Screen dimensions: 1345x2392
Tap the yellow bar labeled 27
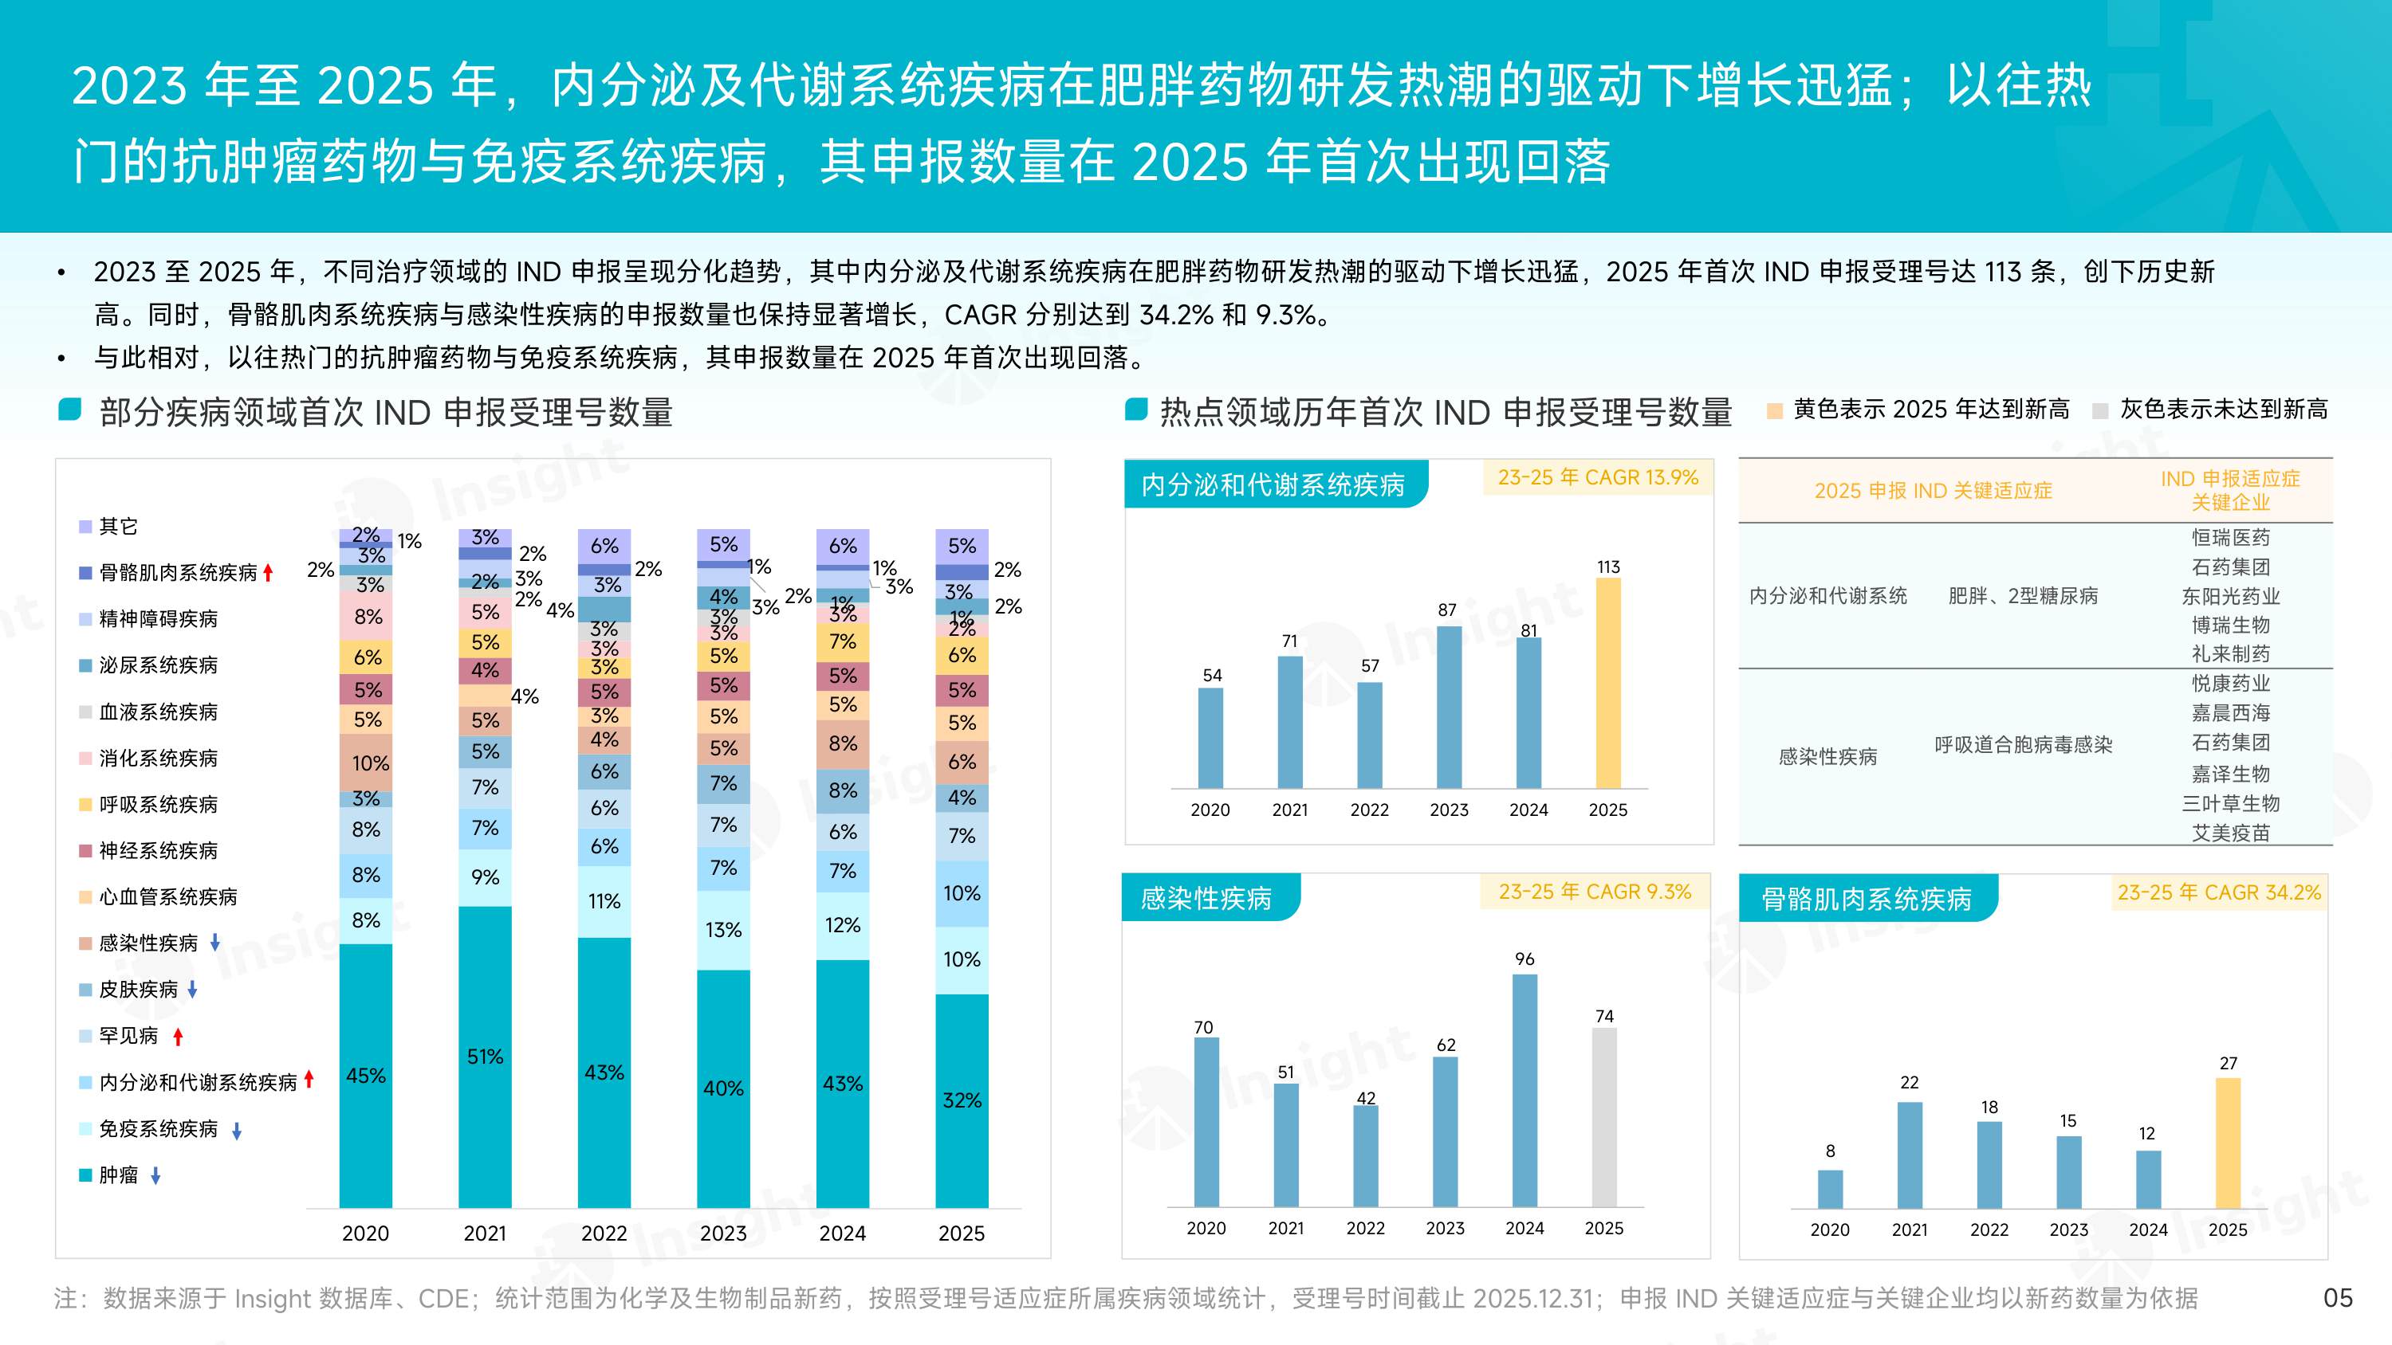[2228, 1143]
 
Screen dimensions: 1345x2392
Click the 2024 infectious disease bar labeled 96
[1525, 1090]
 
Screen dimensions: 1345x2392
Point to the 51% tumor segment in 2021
[485, 1057]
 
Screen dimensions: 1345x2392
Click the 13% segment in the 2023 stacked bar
[723, 930]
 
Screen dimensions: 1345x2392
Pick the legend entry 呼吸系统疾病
[158, 805]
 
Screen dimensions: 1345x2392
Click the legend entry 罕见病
[128, 1036]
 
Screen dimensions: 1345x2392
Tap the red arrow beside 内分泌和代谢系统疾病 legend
[309, 1080]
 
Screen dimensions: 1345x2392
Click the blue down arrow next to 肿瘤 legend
[156, 1176]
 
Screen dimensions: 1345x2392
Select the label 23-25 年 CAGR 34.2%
[2218, 893]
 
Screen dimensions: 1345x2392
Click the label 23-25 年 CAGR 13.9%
[1597, 478]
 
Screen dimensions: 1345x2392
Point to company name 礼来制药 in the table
[2229, 653]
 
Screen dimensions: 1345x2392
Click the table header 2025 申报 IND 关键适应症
[1933, 491]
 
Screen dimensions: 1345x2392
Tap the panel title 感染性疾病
[1206, 899]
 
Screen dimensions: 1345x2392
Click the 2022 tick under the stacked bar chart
[604, 1233]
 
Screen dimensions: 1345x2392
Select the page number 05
[2337, 1298]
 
